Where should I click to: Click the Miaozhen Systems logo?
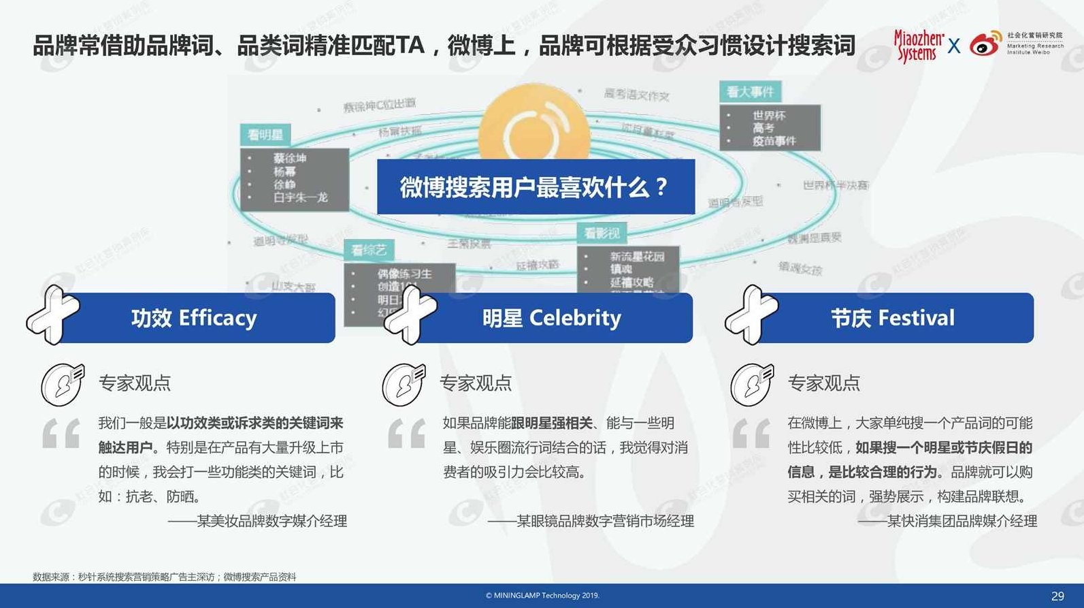click(x=918, y=46)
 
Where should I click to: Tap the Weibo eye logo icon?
click(x=985, y=45)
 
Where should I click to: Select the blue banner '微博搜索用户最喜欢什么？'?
click(x=536, y=187)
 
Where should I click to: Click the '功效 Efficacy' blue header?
click(x=195, y=318)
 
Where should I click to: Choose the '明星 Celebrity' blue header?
click(x=552, y=318)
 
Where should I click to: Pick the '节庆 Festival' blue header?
click(x=893, y=318)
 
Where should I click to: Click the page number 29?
click(x=1057, y=596)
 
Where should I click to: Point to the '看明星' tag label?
click(x=265, y=135)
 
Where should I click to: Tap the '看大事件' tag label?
click(x=750, y=92)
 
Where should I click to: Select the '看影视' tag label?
click(x=602, y=234)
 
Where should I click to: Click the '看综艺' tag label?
click(x=369, y=251)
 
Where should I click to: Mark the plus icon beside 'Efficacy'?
click(x=53, y=315)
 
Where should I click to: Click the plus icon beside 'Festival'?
click(x=751, y=315)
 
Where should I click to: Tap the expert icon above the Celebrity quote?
click(x=404, y=384)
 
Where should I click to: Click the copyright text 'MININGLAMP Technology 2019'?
click(x=542, y=596)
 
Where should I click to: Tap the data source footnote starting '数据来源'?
click(x=165, y=577)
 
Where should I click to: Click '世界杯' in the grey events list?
click(x=769, y=116)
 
